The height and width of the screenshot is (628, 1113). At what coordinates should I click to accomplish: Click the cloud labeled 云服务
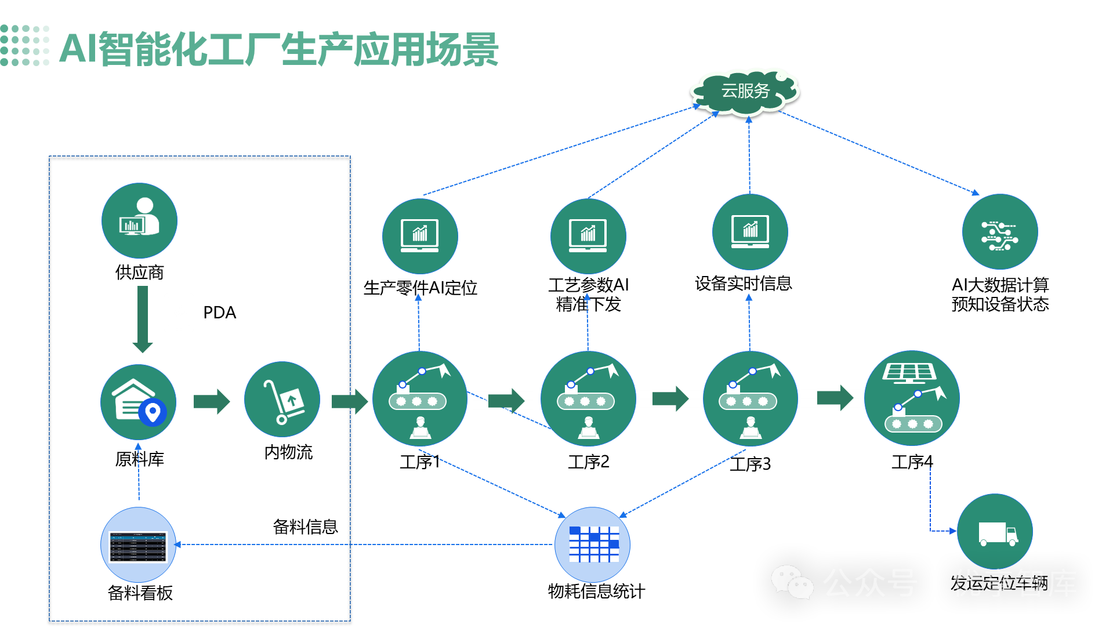click(x=745, y=91)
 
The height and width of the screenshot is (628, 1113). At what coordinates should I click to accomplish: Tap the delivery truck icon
click(x=995, y=532)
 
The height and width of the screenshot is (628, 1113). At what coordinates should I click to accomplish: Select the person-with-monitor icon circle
click(x=139, y=220)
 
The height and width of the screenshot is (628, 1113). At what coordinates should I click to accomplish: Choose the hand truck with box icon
click(x=282, y=400)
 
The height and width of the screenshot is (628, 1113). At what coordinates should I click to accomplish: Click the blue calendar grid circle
click(x=592, y=544)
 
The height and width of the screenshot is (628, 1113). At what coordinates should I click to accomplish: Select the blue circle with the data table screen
click(x=138, y=545)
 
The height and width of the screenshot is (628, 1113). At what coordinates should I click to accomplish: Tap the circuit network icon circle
click(x=1000, y=232)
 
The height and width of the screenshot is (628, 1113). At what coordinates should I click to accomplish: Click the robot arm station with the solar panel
click(x=912, y=398)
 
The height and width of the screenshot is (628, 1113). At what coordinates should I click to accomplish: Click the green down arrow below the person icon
click(x=143, y=319)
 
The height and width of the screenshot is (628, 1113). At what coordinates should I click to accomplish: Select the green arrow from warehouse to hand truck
click(x=212, y=401)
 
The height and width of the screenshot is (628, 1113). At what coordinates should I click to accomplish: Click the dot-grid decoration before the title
click(x=25, y=45)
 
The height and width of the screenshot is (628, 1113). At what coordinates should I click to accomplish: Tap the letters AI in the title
click(x=78, y=49)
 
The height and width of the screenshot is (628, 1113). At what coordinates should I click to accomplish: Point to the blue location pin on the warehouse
click(x=153, y=413)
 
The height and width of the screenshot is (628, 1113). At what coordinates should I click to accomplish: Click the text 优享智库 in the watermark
click(x=1014, y=583)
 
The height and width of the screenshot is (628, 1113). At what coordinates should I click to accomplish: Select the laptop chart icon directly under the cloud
click(x=750, y=232)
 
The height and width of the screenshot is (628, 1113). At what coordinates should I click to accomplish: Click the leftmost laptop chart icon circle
click(x=420, y=236)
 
